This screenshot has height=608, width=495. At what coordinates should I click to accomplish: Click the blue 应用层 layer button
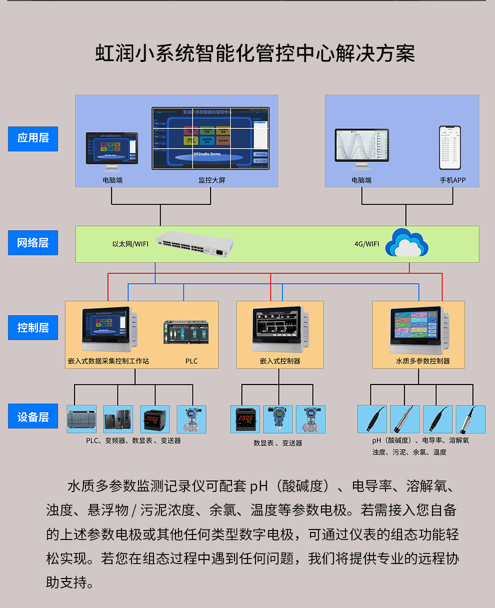(x=33, y=138)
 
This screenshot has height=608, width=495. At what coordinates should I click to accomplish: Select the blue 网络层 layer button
(x=33, y=243)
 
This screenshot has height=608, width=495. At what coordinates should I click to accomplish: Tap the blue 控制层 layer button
(x=33, y=328)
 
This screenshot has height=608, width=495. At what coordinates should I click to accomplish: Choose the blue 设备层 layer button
(x=33, y=416)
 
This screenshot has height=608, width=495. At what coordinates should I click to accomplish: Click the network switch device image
(x=194, y=245)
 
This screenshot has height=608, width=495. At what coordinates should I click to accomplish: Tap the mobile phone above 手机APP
(x=449, y=148)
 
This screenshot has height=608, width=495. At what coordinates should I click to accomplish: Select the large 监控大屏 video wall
(x=210, y=138)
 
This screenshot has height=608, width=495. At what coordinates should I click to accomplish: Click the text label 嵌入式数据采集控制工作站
(x=108, y=361)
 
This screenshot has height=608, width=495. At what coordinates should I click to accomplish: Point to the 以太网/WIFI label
(x=130, y=244)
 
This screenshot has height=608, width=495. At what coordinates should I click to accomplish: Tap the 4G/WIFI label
(x=366, y=244)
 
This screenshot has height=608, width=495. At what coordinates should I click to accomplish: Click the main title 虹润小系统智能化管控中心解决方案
(x=255, y=53)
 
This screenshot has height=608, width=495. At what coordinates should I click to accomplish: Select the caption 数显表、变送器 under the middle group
(x=277, y=443)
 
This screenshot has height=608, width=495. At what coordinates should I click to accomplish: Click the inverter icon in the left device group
(x=118, y=419)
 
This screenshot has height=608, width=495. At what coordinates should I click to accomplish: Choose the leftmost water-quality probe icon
(x=372, y=419)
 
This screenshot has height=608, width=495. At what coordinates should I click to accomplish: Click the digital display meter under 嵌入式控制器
(x=245, y=419)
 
